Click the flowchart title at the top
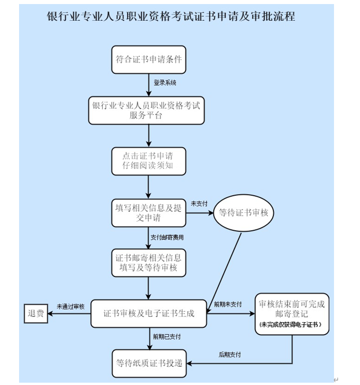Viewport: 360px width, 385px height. coord(171,16)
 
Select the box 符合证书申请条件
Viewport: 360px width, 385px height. coord(149,59)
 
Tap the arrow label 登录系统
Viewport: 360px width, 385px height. coord(165,83)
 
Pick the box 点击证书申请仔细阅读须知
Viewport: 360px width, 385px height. coord(149,161)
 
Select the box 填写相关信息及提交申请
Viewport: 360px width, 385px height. coord(148,212)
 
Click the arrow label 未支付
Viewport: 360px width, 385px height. coord(199,204)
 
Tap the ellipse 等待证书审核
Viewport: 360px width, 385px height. coord(243,212)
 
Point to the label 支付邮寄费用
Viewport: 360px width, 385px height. coord(167,237)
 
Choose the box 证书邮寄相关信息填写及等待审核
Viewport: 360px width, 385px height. coord(149,263)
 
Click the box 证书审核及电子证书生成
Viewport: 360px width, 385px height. coord(149,313)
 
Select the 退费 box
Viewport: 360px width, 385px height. coord(35,313)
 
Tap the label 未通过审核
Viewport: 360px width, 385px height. coord(70,306)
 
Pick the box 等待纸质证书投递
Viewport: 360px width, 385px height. coord(149,363)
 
